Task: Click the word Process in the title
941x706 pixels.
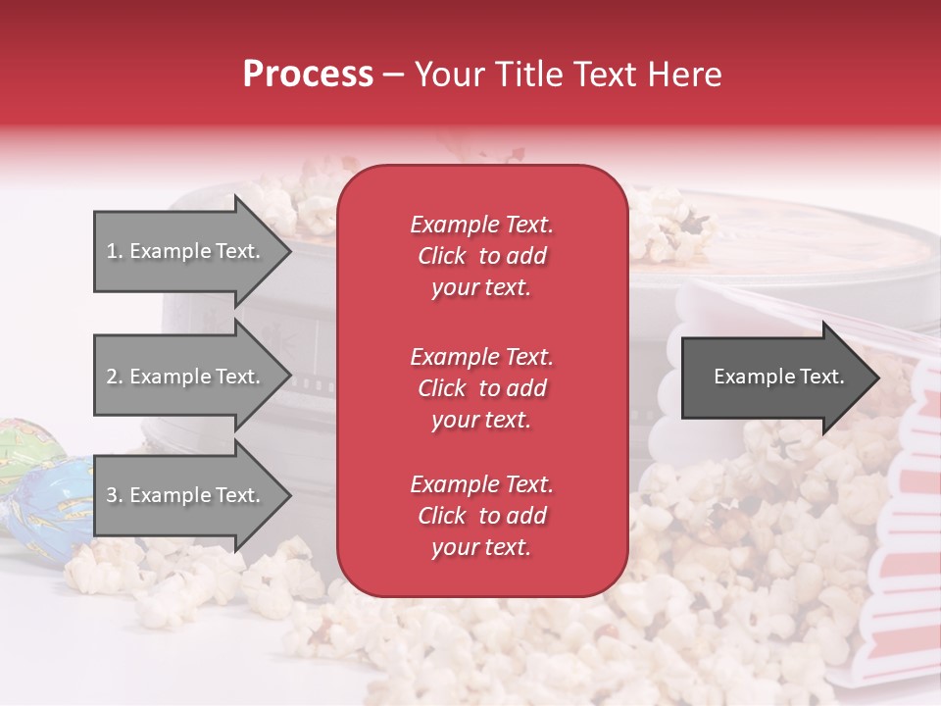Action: point(308,75)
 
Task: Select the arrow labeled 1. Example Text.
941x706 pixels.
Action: point(186,251)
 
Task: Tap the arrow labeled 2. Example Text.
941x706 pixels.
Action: point(186,377)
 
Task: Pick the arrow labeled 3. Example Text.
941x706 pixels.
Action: point(186,495)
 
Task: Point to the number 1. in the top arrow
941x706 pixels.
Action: point(115,251)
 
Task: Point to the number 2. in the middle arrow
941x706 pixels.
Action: point(115,377)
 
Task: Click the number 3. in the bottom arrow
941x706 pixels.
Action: point(115,495)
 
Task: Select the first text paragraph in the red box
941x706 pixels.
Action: point(481,256)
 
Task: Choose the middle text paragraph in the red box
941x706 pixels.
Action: point(481,388)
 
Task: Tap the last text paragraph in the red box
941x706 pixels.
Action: point(481,516)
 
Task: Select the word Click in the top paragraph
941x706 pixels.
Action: point(442,256)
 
